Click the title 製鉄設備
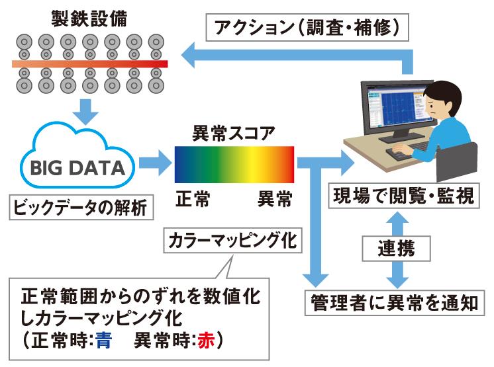click(x=89, y=19)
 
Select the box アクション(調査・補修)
click(x=307, y=27)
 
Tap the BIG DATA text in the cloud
click(x=78, y=167)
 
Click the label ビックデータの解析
click(x=81, y=207)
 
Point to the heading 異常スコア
click(x=234, y=133)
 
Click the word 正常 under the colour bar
click(x=193, y=199)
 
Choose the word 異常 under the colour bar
click(x=275, y=199)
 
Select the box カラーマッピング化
click(x=232, y=240)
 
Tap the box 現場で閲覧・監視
click(x=404, y=195)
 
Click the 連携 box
click(x=397, y=249)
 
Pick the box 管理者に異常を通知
click(x=395, y=303)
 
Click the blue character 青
click(x=104, y=340)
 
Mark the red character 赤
click(x=207, y=340)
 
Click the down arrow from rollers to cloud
click(x=85, y=112)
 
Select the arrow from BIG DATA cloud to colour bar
click(x=156, y=163)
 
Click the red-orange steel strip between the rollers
click(x=90, y=64)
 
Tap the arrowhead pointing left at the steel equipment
click(x=188, y=55)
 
